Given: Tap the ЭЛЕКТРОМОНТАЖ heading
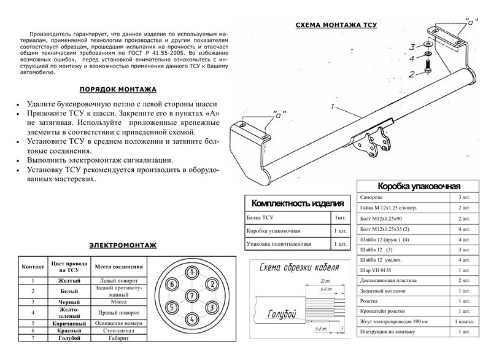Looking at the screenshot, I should [122, 245].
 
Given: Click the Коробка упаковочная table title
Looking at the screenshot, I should [419, 186].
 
